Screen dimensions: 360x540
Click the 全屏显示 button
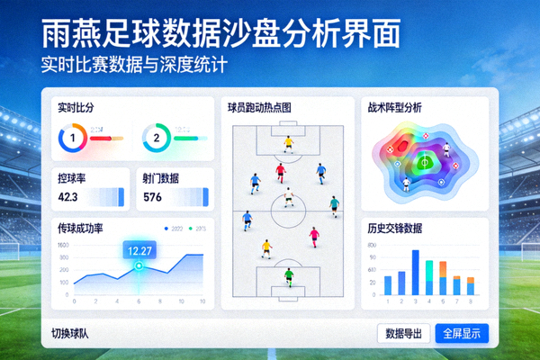tap(463, 333)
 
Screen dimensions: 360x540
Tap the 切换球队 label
tap(76, 334)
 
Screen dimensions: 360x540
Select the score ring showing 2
tap(156, 138)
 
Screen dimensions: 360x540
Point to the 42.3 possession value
tap(67, 197)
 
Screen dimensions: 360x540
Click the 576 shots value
tap(152, 197)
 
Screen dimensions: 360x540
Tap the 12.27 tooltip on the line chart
tap(139, 250)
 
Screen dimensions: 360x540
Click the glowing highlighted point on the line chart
tap(139, 265)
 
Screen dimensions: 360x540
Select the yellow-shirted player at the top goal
tap(288, 141)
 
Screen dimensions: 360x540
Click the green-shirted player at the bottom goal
tap(288, 274)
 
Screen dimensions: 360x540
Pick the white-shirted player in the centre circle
tap(288, 193)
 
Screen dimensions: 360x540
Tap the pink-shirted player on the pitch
tap(314, 236)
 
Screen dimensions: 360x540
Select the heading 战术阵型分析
tap(395, 106)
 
